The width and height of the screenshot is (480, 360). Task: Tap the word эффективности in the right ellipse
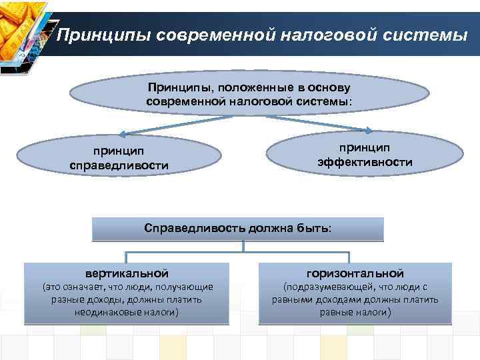tap(365, 162)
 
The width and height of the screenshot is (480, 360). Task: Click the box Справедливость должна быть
tap(237, 228)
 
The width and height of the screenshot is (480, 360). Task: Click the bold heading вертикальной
tap(127, 273)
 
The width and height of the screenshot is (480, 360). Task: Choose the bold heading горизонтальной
tap(355, 273)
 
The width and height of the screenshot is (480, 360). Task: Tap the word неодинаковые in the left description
tap(105, 312)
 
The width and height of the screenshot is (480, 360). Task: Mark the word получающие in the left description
tap(187, 287)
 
